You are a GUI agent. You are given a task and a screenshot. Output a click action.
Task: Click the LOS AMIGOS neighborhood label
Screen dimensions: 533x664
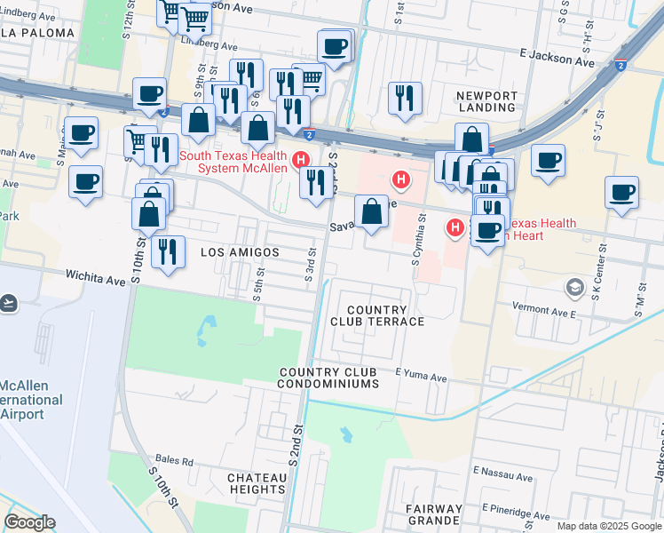coord(240,252)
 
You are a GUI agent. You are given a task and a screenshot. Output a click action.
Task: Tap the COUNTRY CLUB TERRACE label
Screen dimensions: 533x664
coord(377,314)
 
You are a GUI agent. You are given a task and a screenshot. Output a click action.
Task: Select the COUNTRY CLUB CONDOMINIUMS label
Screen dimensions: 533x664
coord(328,378)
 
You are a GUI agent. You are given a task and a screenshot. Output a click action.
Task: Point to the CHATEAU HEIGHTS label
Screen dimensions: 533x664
coord(257,483)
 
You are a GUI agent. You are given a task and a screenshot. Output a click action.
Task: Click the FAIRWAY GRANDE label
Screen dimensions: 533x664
coord(434,513)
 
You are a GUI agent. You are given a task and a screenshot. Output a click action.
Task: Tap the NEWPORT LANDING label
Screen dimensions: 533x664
coord(485,100)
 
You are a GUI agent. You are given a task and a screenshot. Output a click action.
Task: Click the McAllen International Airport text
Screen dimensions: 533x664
coord(31,401)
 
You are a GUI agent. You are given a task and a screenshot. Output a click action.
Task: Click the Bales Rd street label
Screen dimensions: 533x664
coord(175,461)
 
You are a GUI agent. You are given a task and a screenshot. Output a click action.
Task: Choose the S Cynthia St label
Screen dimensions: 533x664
coord(417,241)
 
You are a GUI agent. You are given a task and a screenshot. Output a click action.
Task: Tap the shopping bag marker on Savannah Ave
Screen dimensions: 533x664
coord(371,212)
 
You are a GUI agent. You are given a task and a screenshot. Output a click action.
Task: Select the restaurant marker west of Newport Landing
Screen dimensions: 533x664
coord(405,97)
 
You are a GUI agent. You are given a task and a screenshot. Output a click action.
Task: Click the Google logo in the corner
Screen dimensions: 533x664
coord(29,522)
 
